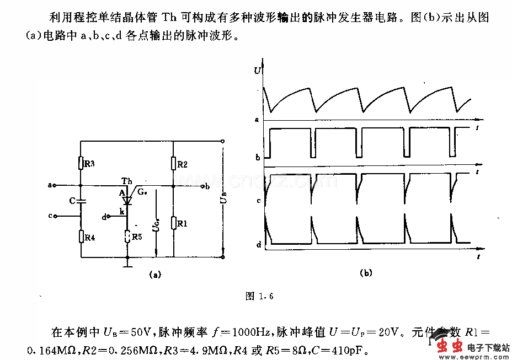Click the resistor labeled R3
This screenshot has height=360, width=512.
[x=81, y=163]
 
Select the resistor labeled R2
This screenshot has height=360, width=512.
[x=173, y=164]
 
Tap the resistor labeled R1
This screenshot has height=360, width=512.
[x=173, y=223]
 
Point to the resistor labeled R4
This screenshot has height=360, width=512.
[x=81, y=237]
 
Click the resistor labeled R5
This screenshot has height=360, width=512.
[x=127, y=237]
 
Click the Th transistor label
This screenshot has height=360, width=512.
[x=126, y=181]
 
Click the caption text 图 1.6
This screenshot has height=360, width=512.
[x=259, y=297]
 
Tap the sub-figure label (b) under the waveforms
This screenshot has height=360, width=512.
[x=366, y=273]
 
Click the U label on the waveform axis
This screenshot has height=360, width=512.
[x=257, y=71]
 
